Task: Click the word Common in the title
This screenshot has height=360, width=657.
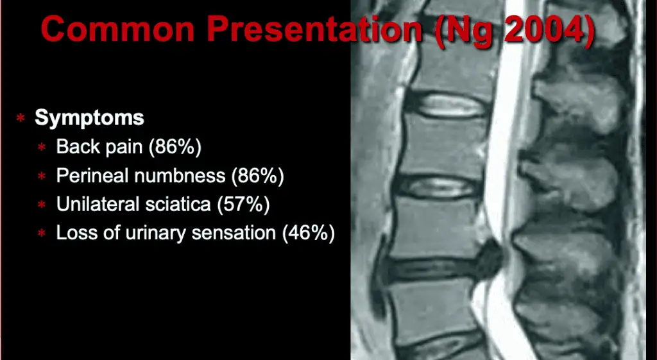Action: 118,29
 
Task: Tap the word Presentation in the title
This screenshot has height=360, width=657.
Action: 314,30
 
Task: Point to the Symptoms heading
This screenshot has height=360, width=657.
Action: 89,118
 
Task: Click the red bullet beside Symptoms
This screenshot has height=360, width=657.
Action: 21,118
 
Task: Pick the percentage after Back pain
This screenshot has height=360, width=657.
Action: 178,147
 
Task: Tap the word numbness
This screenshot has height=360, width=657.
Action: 180,176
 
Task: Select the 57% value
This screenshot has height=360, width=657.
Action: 243,204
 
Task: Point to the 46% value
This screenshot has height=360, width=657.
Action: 309,233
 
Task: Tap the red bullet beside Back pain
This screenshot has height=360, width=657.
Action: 42,147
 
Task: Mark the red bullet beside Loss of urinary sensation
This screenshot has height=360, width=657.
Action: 42,232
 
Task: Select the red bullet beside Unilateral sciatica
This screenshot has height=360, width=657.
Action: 42,205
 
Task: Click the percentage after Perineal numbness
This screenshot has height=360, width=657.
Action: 258,176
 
